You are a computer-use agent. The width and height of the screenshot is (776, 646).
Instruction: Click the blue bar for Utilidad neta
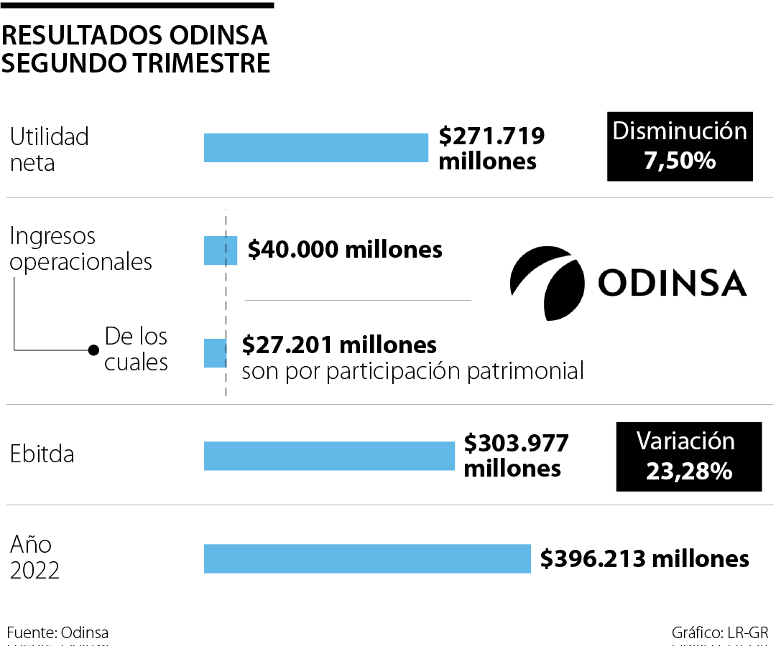[316, 147]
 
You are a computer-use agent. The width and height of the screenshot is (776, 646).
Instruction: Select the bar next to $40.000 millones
[221, 250]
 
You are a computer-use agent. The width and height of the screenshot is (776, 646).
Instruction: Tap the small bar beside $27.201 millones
[214, 353]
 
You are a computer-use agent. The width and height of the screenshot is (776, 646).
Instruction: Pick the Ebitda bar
[329, 456]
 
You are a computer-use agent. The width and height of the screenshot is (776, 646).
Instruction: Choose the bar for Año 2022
[367, 558]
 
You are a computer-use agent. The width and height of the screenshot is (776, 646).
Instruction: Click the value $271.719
[491, 136]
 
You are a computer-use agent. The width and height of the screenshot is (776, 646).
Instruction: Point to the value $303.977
[516, 444]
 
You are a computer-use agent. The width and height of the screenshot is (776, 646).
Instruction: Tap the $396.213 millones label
[645, 558]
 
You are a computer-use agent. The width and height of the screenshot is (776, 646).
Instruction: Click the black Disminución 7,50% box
[680, 146]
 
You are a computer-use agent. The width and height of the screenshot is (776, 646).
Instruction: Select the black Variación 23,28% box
[688, 457]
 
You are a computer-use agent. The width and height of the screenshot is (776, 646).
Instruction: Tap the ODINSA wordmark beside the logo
[672, 284]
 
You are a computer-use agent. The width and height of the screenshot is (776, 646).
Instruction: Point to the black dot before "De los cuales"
[93, 350]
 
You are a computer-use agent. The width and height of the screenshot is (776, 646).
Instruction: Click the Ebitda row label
[42, 455]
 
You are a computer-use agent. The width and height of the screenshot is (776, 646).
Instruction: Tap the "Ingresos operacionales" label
[80, 248]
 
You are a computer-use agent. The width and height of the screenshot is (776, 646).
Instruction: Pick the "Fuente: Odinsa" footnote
[58, 632]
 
